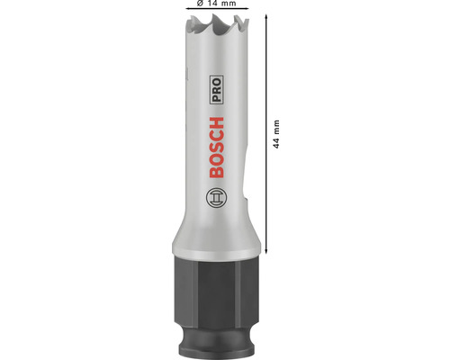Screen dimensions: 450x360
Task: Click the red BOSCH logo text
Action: [216, 148]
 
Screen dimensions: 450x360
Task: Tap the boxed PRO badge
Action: [216, 90]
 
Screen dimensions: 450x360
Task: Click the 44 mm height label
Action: [276, 134]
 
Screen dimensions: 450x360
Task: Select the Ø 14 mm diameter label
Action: [216, 4]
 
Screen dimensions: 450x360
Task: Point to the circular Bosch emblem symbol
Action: [216, 198]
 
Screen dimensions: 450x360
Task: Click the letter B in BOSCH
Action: [216, 172]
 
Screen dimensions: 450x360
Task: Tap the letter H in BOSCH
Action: [216, 123]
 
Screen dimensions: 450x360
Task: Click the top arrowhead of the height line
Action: [265, 17]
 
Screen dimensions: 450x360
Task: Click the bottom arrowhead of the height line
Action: [265, 251]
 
